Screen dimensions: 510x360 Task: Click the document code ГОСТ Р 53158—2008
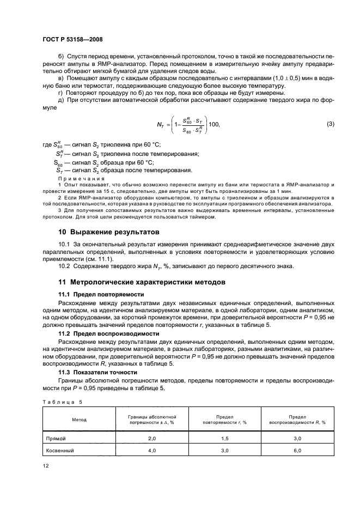click(x=72, y=39)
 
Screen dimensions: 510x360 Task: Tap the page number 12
click(x=46, y=465)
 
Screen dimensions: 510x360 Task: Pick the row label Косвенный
click(x=59, y=451)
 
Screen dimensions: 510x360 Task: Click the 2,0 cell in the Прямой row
click(x=152, y=438)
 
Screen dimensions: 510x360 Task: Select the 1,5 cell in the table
click(x=224, y=438)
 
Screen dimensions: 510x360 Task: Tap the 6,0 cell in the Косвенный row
click(x=297, y=451)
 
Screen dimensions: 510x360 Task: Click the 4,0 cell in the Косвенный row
click(x=152, y=451)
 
